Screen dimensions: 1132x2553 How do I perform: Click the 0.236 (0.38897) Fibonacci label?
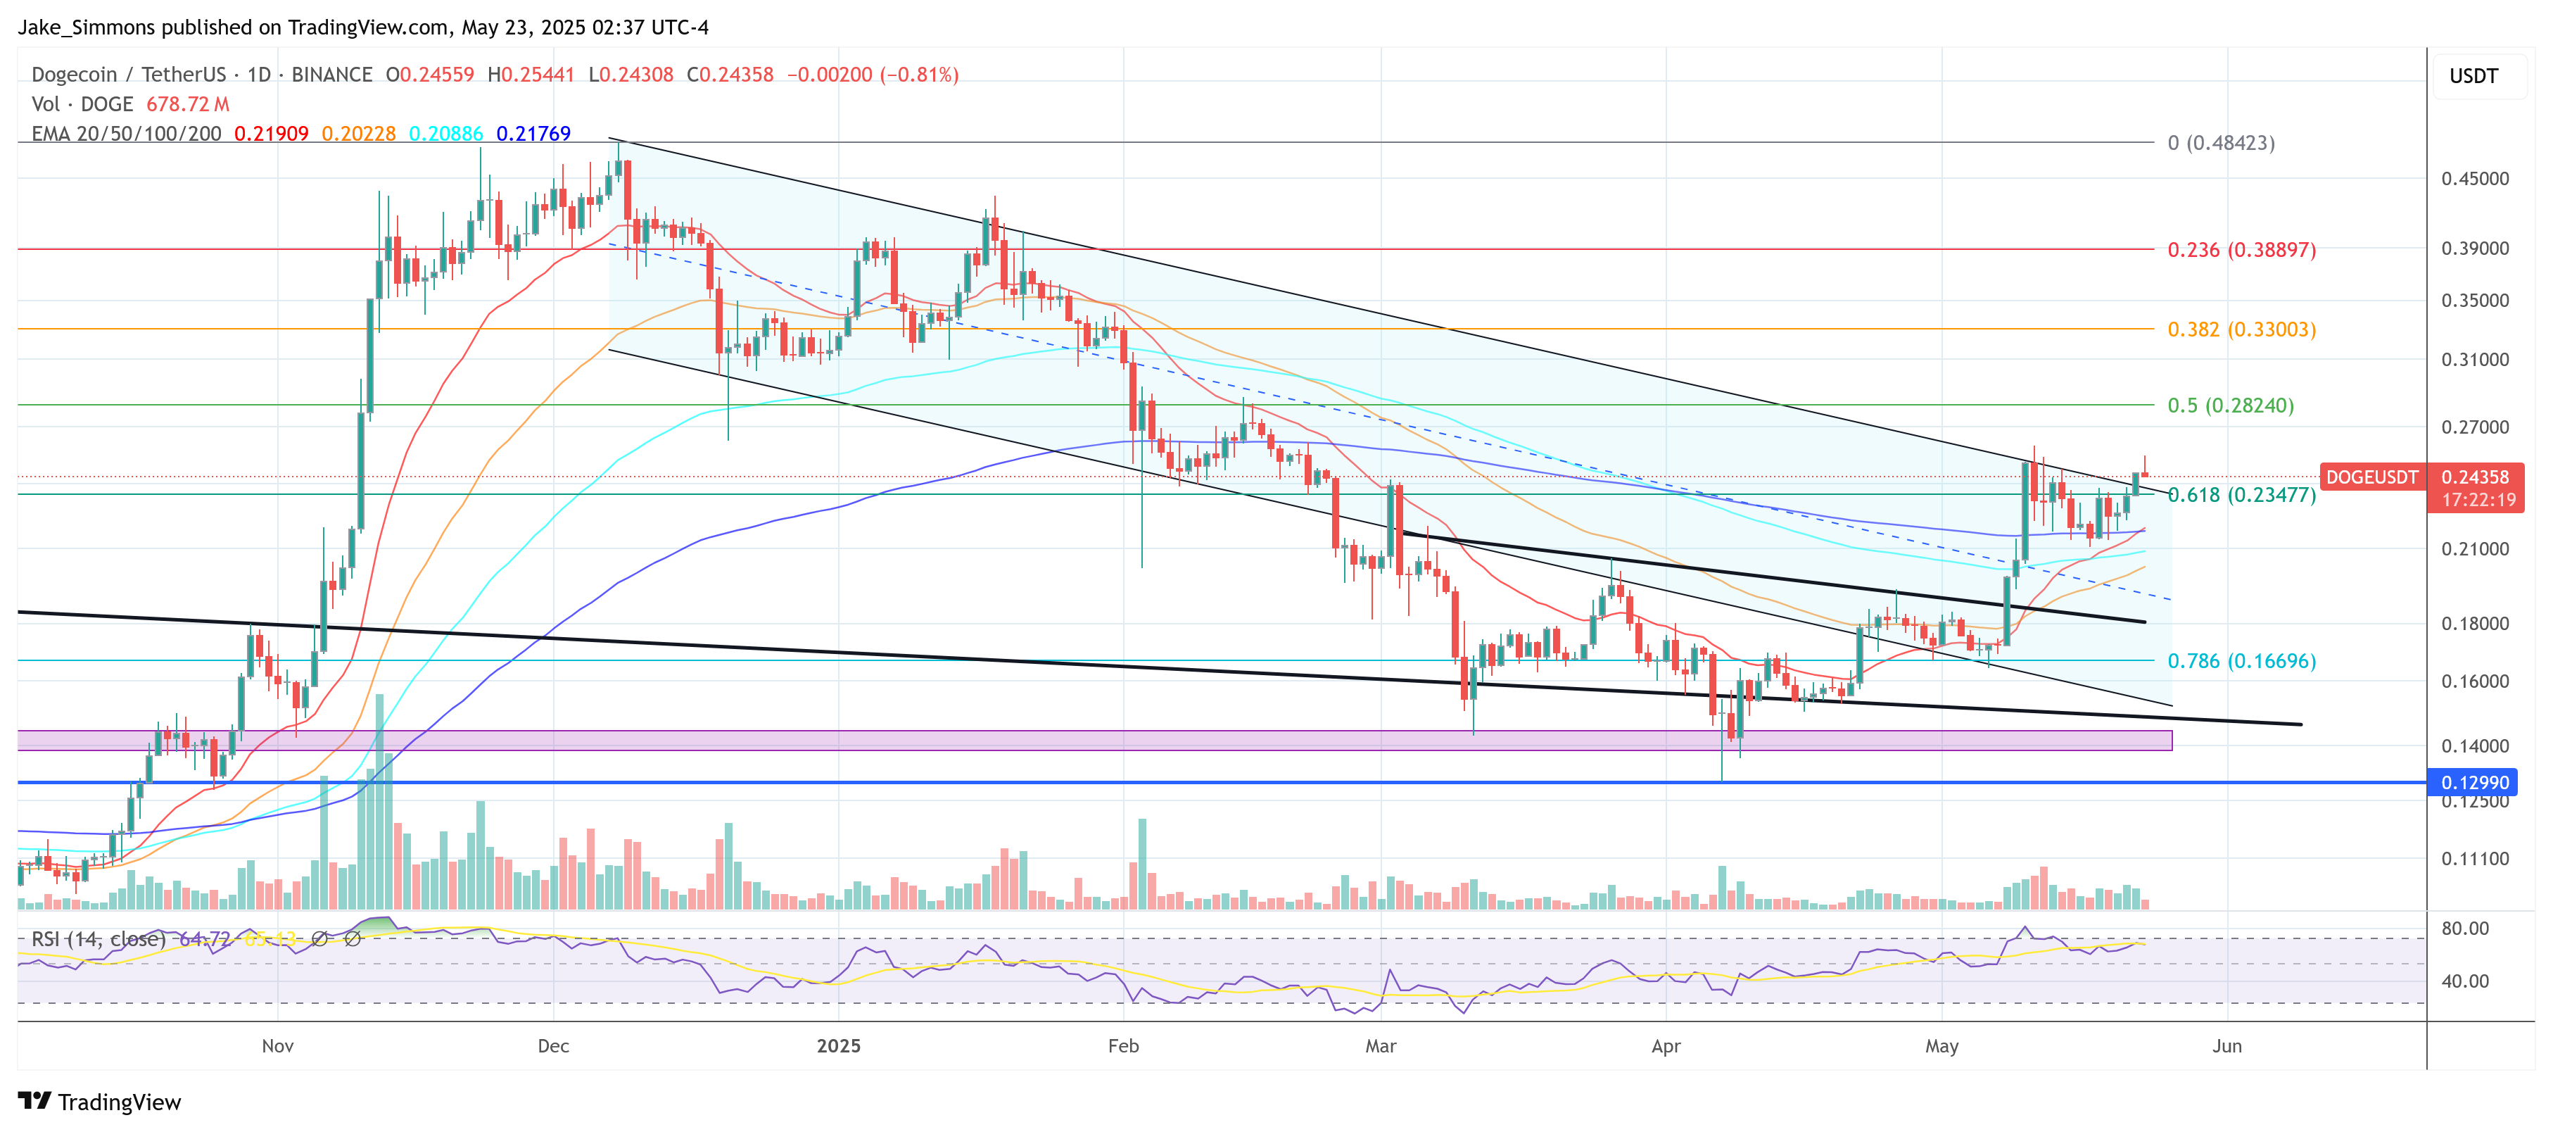2241,250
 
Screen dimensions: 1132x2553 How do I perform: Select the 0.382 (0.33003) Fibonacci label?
2241,329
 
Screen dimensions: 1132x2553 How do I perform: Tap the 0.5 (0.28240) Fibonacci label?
2230,405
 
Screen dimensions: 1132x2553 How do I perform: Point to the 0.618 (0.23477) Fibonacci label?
2241,495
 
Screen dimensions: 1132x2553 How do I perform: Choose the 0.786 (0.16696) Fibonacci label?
2241,661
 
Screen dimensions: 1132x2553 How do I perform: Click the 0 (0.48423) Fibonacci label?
2220,143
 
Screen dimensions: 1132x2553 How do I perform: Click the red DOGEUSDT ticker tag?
2371,477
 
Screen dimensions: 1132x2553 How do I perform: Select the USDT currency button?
2473,76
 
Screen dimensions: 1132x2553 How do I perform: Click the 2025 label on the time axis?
838,1045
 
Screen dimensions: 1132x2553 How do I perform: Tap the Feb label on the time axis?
1123,1045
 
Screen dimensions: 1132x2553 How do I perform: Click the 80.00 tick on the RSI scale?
2465,929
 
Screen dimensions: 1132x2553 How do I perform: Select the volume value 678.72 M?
187,104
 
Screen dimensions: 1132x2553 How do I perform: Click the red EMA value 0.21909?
270,134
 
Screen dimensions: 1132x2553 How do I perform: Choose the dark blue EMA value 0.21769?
533,134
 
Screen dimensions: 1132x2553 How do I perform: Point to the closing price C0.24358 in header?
730,75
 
